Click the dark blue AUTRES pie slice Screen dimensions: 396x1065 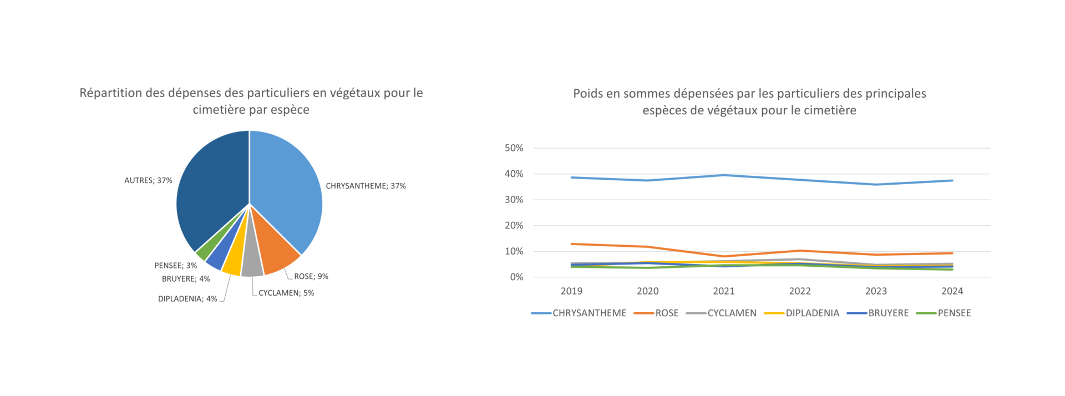(211, 189)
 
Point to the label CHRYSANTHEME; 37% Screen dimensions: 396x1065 (366, 186)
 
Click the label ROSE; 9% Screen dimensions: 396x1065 (311, 276)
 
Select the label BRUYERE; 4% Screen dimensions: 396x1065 (186, 279)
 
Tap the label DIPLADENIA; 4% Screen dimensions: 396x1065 (187, 299)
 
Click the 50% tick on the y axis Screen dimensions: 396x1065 (514, 148)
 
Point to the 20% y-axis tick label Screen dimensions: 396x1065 (514, 225)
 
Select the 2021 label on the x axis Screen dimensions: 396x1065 (724, 291)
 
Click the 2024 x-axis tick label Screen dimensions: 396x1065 (952, 291)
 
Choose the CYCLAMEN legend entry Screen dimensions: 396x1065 (731, 313)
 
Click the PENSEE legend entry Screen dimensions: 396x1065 (954, 313)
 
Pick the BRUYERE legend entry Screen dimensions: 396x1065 (888, 313)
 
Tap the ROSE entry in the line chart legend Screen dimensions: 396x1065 (667, 313)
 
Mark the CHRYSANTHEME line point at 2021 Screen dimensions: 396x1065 (724, 175)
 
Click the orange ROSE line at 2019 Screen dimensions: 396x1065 (572, 244)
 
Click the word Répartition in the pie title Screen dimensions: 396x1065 (110, 93)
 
